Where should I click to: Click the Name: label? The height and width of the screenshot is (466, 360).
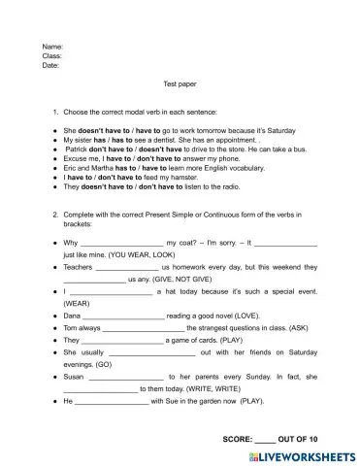point(52,47)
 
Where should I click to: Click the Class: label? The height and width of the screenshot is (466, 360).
point(52,56)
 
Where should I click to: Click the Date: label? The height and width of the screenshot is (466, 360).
point(51,66)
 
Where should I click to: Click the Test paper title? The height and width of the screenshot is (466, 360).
point(180,84)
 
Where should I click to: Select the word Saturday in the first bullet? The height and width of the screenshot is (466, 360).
point(280,129)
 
